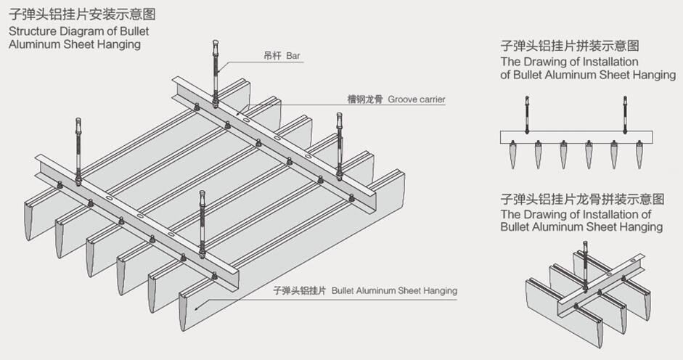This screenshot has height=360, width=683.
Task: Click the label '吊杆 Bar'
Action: [282, 55]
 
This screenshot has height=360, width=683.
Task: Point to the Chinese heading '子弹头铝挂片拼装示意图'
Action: [570, 46]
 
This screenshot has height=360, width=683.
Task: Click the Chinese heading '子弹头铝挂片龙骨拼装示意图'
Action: [582, 198]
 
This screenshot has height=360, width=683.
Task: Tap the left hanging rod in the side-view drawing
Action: [527, 114]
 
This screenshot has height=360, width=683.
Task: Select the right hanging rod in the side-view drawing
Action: [625, 114]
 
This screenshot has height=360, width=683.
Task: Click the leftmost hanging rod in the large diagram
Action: [78, 149]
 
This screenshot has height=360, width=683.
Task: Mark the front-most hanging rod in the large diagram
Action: [203, 225]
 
